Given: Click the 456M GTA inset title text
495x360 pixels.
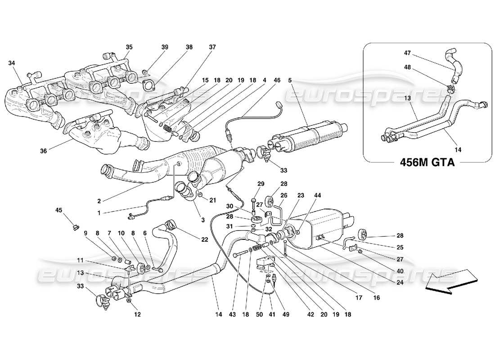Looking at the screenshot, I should pyautogui.click(x=427, y=163).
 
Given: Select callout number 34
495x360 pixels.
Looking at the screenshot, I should pyautogui.click(x=11, y=63).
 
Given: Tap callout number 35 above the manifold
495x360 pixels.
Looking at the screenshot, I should pyautogui.click(x=129, y=47).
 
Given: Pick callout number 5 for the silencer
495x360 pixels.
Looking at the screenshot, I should pyautogui.click(x=290, y=81).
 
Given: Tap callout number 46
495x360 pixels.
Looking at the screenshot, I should pyautogui.click(x=277, y=81).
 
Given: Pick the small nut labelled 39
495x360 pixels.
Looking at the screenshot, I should pyautogui.click(x=144, y=72).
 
